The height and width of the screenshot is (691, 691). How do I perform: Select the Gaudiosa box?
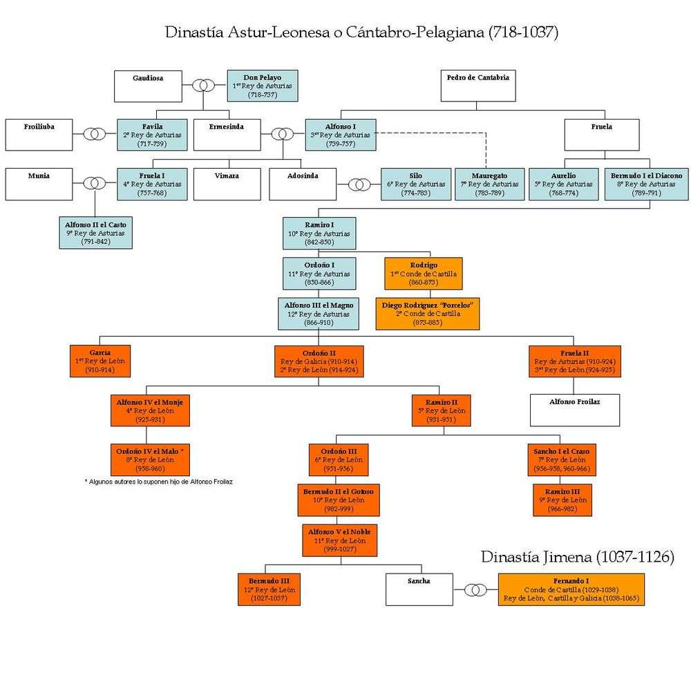click(x=148, y=86)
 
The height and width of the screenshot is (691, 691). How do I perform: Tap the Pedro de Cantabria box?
click(x=477, y=86)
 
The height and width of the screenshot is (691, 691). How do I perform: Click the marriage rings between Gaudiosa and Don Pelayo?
click(x=202, y=86)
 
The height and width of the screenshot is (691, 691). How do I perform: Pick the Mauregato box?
click(x=489, y=184)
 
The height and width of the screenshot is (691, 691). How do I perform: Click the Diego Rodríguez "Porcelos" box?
click(x=427, y=313)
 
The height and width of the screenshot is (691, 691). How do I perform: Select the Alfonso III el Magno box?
click(x=319, y=313)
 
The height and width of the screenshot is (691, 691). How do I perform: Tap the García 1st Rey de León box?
click(x=100, y=361)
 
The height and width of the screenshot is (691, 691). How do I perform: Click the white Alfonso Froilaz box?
click(x=574, y=410)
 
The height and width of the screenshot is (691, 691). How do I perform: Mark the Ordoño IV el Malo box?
click(x=150, y=460)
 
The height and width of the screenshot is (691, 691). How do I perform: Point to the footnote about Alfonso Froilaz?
click(x=159, y=482)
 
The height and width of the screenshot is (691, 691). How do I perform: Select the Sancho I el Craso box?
click(x=560, y=460)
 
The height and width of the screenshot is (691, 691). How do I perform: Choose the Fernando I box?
click(x=571, y=589)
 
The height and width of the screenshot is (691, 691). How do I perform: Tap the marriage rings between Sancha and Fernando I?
click(x=475, y=589)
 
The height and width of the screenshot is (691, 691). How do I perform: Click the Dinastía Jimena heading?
click(x=577, y=557)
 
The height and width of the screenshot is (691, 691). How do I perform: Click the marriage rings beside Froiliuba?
click(x=95, y=134)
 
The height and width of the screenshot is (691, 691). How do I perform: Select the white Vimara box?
click(x=227, y=184)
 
